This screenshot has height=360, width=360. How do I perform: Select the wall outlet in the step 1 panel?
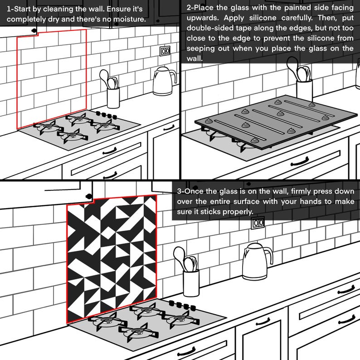165,51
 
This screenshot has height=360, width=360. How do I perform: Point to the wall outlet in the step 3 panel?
258,223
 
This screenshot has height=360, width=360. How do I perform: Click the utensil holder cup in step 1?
113,97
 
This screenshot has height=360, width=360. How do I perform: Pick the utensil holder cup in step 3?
191,283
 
